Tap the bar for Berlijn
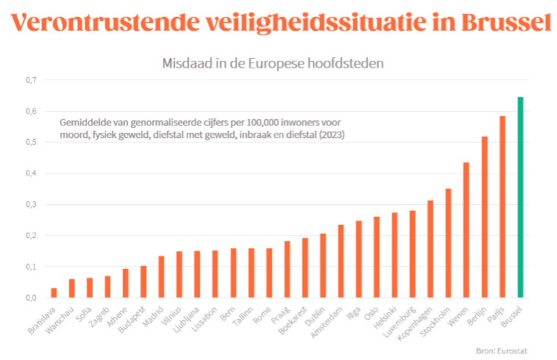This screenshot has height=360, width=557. pyautogui.click(x=484, y=217)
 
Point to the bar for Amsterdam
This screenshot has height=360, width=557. pyautogui.click(x=341, y=261)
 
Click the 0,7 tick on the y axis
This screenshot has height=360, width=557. pyautogui.click(x=31, y=80)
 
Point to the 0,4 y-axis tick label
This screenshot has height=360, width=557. pyautogui.click(x=31, y=173)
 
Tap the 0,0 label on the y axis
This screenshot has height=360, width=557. pyautogui.click(x=31, y=298)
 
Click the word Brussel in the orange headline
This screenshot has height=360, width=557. pyautogui.click(x=507, y=24)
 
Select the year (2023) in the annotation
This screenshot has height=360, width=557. pyautogui.click(x=330, y=135)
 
